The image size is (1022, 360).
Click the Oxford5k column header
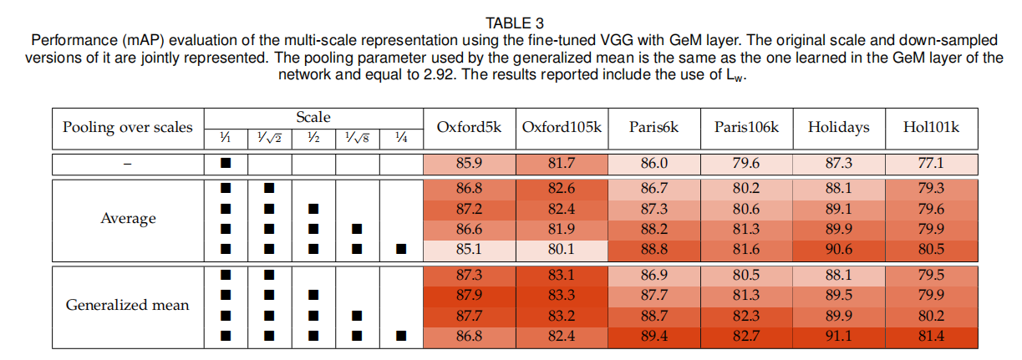tap(469, 128)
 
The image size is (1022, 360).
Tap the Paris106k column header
tap(746, 128)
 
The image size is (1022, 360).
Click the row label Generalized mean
tap(127, 305)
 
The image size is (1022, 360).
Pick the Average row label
tap(128, 219)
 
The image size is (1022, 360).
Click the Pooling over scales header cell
tap(127, 128)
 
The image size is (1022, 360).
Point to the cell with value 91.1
tap(838, 336)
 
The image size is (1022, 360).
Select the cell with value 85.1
tap(469, 249)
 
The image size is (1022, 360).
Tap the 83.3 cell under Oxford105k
tap(561, 295)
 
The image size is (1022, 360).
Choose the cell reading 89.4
tap(653, 336)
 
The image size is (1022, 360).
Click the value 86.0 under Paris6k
tap(653, 165)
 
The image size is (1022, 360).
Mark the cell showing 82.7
tap(746, 336)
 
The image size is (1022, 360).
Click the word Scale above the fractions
tap(313, 119)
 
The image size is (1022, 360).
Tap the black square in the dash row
tap(225, 165)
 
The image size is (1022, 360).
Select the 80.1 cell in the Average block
tap(561, 249)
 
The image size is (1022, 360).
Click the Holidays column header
tap(838, 128)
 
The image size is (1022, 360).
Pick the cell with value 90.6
tap(838, 249)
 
